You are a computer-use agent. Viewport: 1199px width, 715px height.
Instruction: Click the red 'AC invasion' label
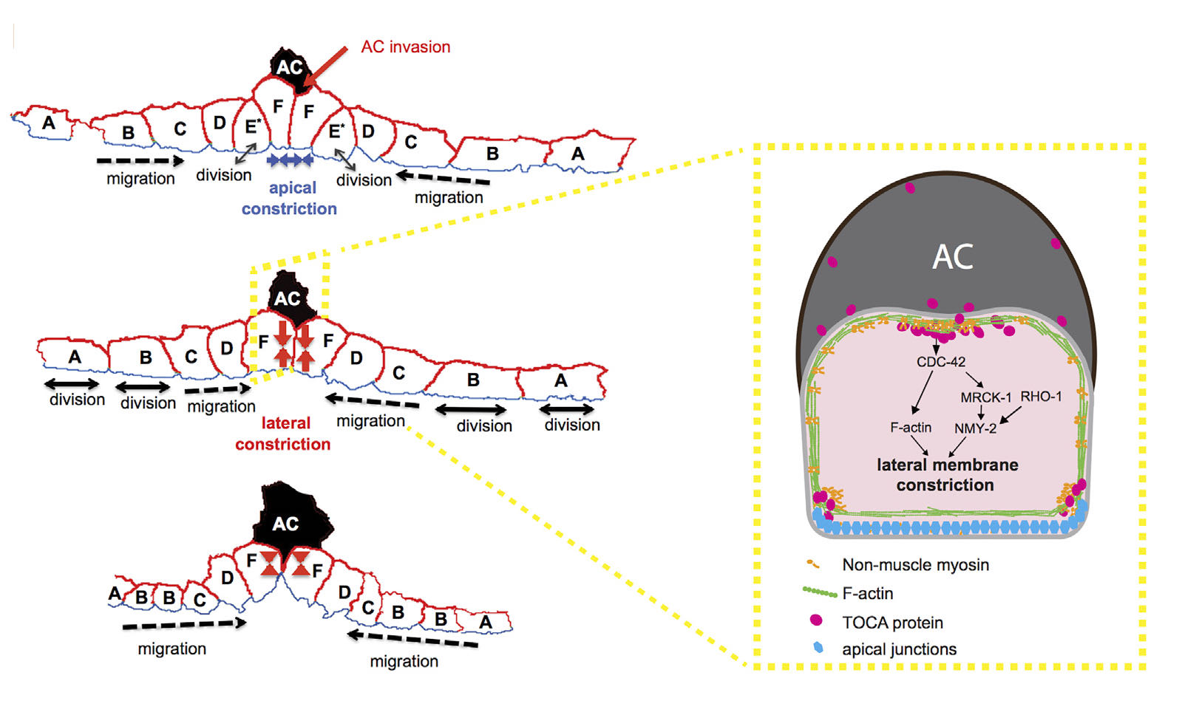(x=405, y=47)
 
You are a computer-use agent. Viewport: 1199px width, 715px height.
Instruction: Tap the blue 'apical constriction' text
(x=290, y=198)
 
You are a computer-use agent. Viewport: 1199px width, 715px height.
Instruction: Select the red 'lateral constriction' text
(x=283, y=434)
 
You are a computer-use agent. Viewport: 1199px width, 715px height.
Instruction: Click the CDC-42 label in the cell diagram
(x=940, y=362)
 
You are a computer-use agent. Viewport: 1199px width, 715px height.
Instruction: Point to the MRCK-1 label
(x=985, y=397)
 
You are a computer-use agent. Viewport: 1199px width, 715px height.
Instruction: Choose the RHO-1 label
(x=1041, y=397)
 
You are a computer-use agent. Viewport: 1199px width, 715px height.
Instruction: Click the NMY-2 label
(x=975, y=428)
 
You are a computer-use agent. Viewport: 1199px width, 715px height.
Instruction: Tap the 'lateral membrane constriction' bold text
(x=946, y=475)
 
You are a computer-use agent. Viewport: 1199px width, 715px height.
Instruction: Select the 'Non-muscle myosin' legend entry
(x=915, y=565)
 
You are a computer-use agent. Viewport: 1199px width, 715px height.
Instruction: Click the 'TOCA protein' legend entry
(x=892, y=623)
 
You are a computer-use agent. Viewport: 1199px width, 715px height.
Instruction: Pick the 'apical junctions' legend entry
(x=899, y=649)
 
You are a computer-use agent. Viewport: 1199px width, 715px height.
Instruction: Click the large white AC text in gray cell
(x=953, y=257)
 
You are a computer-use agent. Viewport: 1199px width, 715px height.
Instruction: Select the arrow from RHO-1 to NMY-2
(x=1011, y=416)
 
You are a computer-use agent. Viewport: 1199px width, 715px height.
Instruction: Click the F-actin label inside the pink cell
(x=911, y=428)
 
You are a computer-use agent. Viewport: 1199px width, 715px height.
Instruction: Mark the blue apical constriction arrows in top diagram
(x=291, y=159)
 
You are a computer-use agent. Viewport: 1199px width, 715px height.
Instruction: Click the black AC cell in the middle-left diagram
(x=289, y=297)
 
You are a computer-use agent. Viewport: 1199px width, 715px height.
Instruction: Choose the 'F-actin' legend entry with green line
(x=867, y=593)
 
